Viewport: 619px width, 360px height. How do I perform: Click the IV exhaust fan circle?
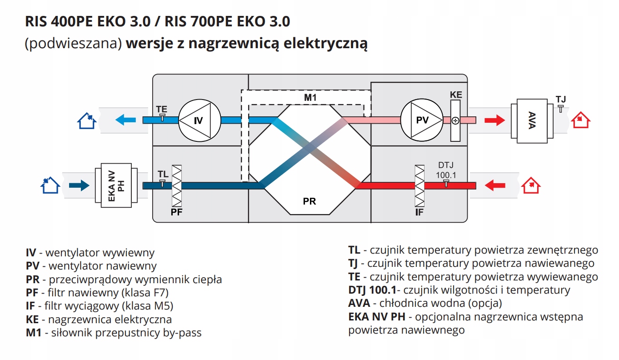point(199,120)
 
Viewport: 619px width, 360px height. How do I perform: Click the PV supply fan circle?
point(422,120)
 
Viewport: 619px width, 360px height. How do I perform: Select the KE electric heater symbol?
point(456,120)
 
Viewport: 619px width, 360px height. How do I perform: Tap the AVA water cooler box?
point(532,120)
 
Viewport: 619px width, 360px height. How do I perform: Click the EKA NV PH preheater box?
point(117,185)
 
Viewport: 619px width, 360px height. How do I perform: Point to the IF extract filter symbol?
point(419,185)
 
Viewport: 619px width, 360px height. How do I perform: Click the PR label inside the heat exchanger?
point(309,200)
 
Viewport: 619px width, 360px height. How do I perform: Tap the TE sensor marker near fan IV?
point(161,117)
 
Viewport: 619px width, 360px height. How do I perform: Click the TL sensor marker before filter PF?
point(162,182)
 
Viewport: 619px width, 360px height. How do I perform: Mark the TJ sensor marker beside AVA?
point(560,108)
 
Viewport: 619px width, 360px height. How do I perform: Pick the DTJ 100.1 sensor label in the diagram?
point(446,170)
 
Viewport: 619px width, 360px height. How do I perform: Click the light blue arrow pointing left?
point(125,120)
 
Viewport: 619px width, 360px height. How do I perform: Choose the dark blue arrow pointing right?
point(79,185)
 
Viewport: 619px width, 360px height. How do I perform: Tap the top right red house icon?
point(580,120)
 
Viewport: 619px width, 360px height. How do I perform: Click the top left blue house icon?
point(86,120)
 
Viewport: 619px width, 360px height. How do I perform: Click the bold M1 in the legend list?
point(33,333)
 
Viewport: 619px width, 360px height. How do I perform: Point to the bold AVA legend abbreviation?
point(359,303)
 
